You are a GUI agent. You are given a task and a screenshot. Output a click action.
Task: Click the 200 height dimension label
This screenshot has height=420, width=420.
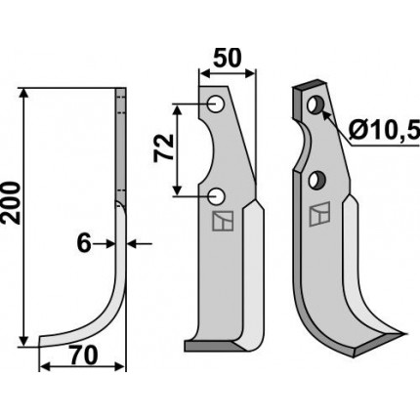(x=12, y=203)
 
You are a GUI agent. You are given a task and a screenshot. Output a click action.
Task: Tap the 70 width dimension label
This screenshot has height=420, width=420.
(x=84, y=356)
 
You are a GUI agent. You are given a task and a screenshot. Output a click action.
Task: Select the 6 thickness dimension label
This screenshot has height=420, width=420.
(x=84, y=244)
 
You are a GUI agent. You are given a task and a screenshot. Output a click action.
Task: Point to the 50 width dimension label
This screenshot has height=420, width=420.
(x=228, y=58)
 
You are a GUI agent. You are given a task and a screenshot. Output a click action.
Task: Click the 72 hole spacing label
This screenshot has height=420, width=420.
(x=164, y=148)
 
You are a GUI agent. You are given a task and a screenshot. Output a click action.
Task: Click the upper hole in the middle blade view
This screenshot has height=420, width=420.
(x=215, y=105)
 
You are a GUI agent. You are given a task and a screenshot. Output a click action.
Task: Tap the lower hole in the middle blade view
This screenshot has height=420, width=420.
(x=215, y=196)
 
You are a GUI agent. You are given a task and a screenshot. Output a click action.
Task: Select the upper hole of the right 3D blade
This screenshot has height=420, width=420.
(x=315, y=105)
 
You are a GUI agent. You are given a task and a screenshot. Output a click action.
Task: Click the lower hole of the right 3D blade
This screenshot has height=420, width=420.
(x=316, y=181)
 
